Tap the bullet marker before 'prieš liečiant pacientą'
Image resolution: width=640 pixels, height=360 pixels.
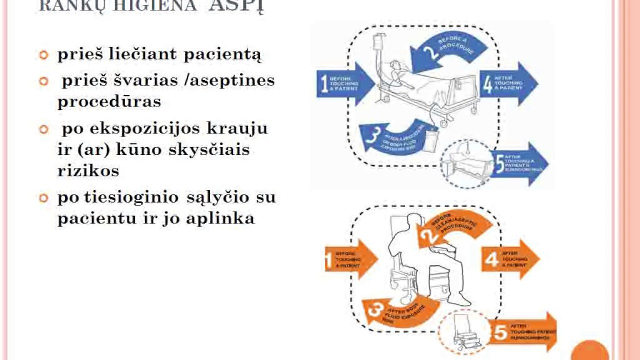coord(44,54)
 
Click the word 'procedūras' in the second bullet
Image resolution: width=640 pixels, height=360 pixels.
coord(109,101)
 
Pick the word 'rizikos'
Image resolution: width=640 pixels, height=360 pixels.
coord(88,170)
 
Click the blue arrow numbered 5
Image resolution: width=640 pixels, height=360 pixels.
coord(520,163)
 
